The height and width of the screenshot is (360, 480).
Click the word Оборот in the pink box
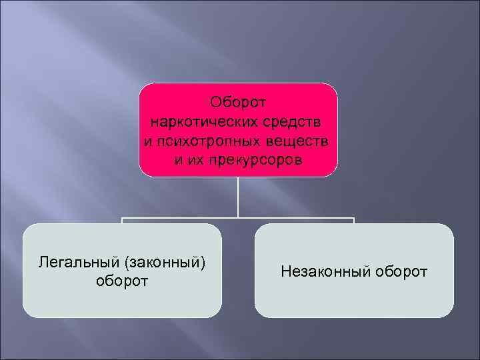238,103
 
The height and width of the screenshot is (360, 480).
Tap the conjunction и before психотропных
147,141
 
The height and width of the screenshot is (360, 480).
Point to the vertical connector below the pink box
238,197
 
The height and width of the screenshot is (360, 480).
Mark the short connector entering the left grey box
122,221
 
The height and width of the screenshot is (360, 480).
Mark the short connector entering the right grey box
354,221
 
